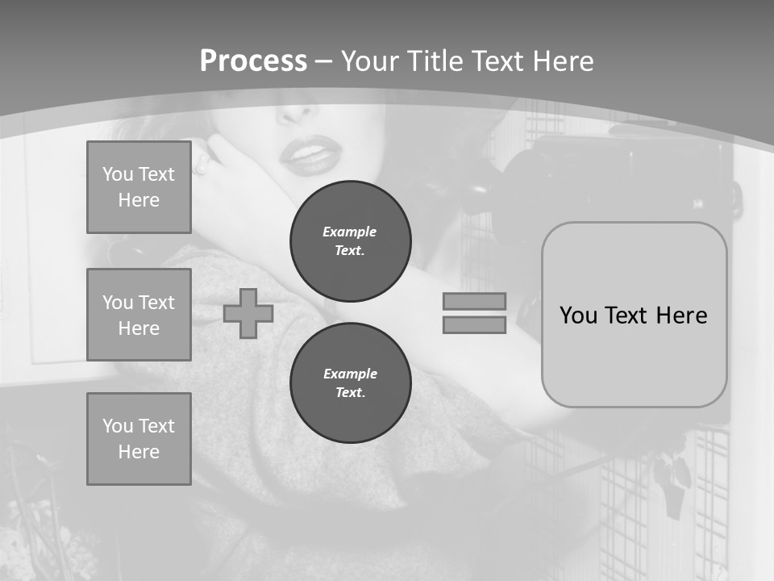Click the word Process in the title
(253, 61)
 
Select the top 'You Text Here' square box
(139, 187)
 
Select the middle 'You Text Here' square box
(139, 315)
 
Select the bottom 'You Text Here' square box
(139, 439)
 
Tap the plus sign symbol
(248, 313)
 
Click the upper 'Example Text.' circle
(351, 240)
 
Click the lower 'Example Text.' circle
(351, 382)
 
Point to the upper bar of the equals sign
(474, 301)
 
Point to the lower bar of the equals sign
(474, 325)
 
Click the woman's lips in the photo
(310, 156)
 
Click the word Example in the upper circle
(350, 232)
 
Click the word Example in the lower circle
(350, 374)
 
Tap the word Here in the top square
(139, 200)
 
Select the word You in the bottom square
(118, 426)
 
